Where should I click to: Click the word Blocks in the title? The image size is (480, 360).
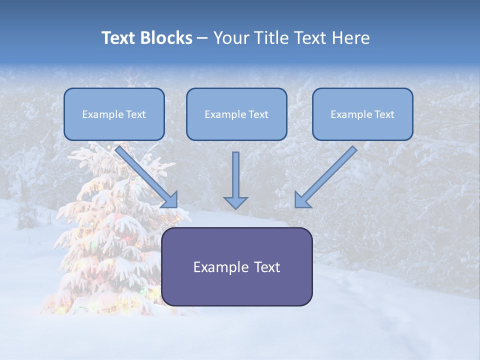[167, 38]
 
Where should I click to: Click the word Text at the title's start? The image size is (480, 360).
[120, 38]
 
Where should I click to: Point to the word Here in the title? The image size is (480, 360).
[351, 38]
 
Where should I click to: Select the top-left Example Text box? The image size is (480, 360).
[114, 114]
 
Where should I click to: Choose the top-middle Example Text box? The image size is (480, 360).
[236, 114]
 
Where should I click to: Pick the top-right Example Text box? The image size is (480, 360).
[362, 114]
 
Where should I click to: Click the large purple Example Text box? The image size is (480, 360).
[236, 285]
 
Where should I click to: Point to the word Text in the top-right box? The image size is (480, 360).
[384, 114]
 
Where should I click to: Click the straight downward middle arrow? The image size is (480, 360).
[235, 175]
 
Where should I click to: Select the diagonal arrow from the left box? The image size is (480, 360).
[145, 175]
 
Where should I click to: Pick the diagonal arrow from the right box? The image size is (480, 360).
[327, 175]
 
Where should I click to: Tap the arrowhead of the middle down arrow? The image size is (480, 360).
[235, 202]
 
